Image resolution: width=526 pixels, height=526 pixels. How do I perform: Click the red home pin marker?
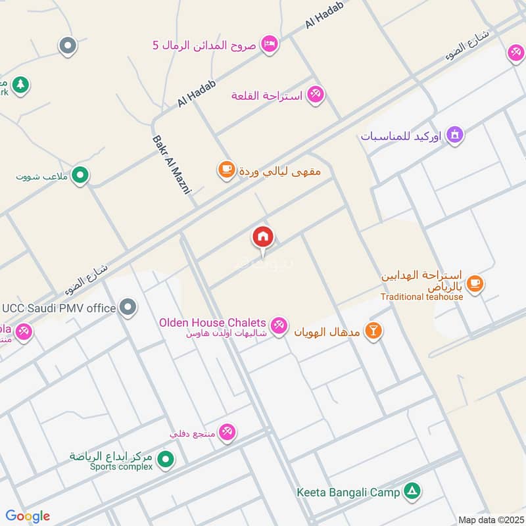click(x=263, y=237)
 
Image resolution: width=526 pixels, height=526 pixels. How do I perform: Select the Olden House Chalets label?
click(x=212, y=323)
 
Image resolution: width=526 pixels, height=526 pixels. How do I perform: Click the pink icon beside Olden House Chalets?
click(x=279, y=325)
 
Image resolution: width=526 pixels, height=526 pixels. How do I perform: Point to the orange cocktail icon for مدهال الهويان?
click(x=373, y=330)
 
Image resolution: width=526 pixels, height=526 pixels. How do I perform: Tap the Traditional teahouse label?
click(x=421, y=297)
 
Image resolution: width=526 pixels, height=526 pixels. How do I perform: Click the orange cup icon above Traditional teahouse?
click(x=475, y=283)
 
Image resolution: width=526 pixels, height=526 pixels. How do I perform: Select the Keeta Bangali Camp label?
click(x=348, y=491)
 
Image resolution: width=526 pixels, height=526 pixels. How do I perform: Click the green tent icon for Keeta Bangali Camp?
click(x=412, y=490)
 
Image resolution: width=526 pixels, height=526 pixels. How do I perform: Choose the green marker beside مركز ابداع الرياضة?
click(x=166, y=458)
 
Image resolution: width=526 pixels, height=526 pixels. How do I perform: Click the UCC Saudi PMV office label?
click(x=60, y=308)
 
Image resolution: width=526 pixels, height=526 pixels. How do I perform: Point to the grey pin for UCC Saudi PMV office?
click(x=129, y=307)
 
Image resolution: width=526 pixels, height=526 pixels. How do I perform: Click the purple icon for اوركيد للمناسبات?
click(x=454, y=136)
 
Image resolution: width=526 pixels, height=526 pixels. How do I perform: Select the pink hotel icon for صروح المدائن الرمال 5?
click(x=269, y=44)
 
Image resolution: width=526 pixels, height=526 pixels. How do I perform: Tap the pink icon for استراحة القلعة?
click(x=315, y=95)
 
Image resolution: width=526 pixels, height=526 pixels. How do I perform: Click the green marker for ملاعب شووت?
click(x=80, y=175)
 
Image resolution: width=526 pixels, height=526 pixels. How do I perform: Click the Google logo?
click(x=28, y=515)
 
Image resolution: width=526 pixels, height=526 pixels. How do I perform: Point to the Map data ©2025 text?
click(x=490, y=519)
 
